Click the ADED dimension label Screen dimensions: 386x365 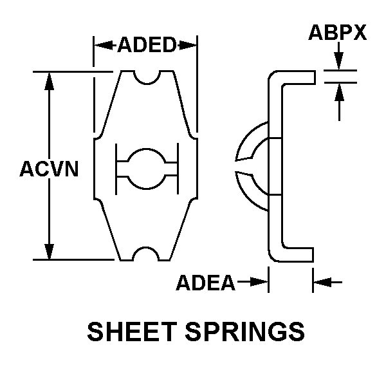[x=147, y=44]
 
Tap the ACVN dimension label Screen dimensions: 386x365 [x=50, y=169]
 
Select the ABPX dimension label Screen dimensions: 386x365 [x=338, y=32]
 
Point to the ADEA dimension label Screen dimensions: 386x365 [x=206, y=283]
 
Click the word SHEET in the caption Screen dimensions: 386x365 [x=132, y=332]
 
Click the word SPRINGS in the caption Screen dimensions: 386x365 [x=245, y=332]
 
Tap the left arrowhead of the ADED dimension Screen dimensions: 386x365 [x=104, y=45]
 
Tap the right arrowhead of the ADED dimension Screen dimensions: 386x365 [x=188, y=45]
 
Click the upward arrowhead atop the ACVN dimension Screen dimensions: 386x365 [x=50, y=81]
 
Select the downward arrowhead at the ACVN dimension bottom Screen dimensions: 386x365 [x=50, y=251]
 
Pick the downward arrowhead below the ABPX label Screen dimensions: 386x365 [x=339, y=61]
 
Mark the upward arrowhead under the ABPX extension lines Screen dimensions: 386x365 [x=339, y=92]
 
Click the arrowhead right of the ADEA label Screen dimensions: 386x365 [x=259, y=282]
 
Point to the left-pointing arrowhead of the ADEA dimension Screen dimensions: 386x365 [x=322, y=282]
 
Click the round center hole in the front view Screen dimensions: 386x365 [x=147, y=169]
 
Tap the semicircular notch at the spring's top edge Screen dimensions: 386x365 [x=147, y=77]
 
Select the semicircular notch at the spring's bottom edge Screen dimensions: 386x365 [x=145, y=254]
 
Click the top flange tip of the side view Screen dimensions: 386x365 [x=315, y=77]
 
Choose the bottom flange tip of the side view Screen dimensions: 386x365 [x=313, y=255]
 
